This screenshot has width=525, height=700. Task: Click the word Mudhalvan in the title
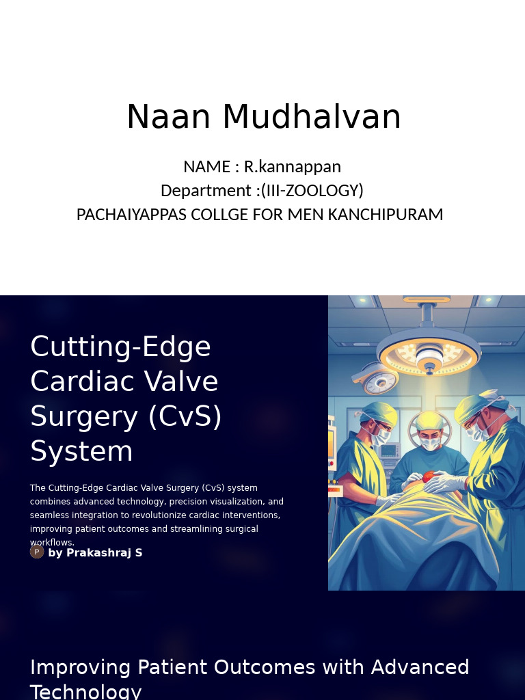click(311, 116)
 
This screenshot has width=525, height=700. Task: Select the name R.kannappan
click(292, 167)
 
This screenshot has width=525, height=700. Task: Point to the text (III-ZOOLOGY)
click(312, 190)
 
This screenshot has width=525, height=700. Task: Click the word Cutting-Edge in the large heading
click(120, 347)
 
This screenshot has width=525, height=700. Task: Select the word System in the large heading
click(81, 451)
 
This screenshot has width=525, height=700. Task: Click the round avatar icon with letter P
click(37, 552)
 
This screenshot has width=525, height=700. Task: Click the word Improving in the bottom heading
click(81, 667)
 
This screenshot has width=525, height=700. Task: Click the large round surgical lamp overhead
click(429, 352)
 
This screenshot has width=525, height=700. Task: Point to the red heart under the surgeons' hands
click(427, 476)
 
